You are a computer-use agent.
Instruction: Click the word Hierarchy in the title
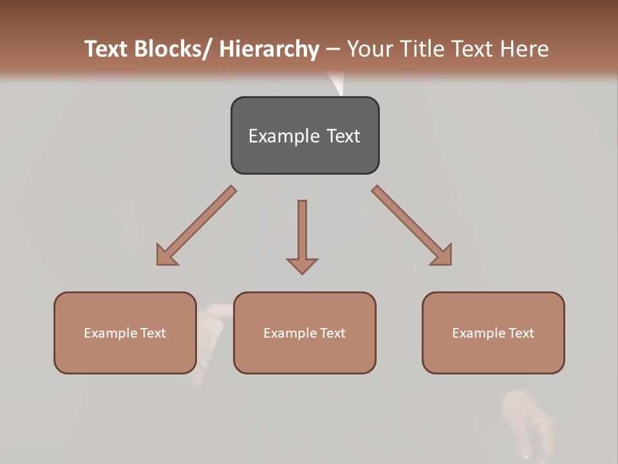(x=269, y=49)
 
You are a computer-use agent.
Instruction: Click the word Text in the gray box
(x=343, y=136)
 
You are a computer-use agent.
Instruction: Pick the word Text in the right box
(x=520, y=333)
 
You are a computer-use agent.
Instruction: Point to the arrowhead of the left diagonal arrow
(x=166, y=255)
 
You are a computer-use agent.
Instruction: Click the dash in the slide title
(x=333, y=49)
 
